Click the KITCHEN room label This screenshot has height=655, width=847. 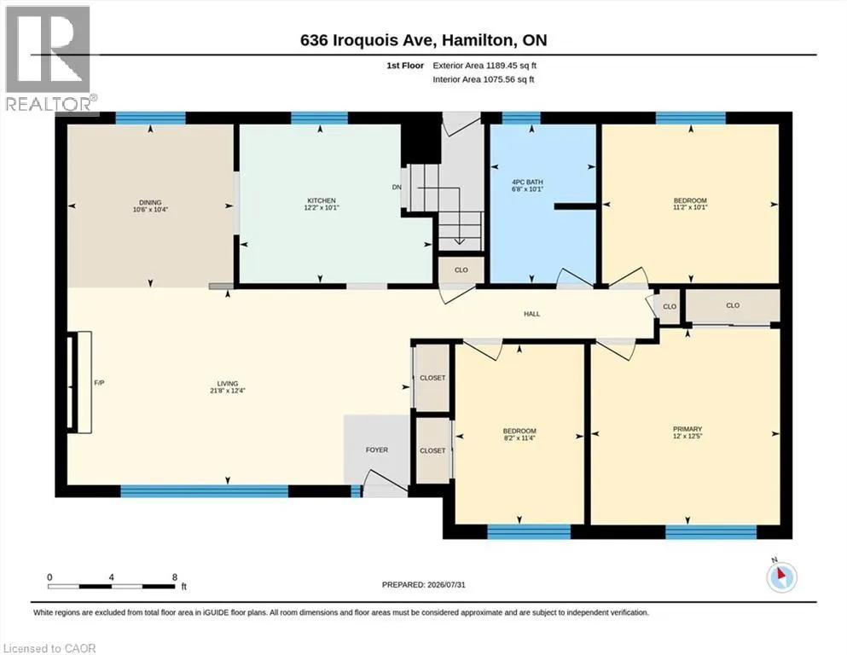(x=322, y=200)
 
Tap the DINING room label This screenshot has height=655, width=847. (x=150, y=202)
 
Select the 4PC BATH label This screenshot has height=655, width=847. (x=527, y=183)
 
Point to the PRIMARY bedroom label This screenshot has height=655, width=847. (x=687, y=429)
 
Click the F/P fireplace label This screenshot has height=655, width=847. (x=100, y=383)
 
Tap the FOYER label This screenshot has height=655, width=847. (x=376, y=449)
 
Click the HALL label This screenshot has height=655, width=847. (x=531, y=314)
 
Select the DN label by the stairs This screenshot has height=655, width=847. (x=397, y=188)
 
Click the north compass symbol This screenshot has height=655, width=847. (x=781, y=577)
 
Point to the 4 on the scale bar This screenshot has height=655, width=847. (x=111, y=577)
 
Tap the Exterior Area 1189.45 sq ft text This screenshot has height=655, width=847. (x=484, y=66)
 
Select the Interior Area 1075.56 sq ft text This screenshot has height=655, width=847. (x=484, y=79)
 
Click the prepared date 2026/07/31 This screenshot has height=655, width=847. (x=445, y=584)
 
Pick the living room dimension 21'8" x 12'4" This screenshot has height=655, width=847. (x=228, y=391)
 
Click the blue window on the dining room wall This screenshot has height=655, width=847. (x=151, y=118)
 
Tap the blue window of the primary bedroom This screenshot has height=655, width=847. (x=711, y=532)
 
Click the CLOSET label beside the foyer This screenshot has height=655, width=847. (x=432, y=450)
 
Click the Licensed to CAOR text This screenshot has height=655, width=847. (x=49, y=648)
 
